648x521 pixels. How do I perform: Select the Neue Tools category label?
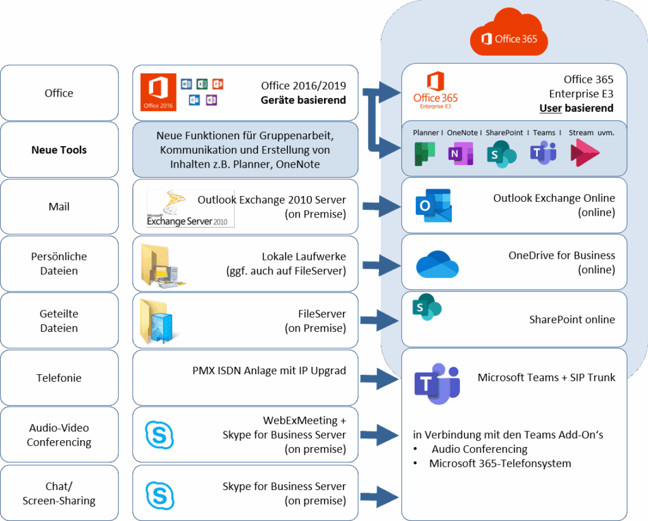click(x=59, y=150)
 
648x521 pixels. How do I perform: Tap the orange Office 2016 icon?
click(x=158, y=93)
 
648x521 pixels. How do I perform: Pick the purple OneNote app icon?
click(x=458, y=154)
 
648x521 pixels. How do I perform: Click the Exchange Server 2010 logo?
click(x=190, y=208)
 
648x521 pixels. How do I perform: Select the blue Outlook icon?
click(x=433, y=206)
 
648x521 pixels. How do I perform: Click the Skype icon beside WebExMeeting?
click(x=159, y=435)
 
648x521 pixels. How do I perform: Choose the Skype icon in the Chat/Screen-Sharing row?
click(x=159, y=494)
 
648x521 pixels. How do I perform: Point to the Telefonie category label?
click(x=59, y=378)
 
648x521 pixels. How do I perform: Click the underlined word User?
click(x=551, y=108)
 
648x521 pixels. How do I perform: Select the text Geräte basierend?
click(x=303, y=100)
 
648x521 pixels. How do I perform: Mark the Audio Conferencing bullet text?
click(x=479, y=449)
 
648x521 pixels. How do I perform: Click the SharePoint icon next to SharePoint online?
click(x=427, y=308)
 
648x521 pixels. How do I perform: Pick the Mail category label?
click(x=59, y=207)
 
